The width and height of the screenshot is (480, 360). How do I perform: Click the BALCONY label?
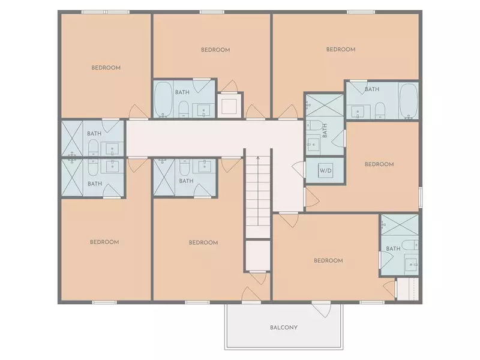pyautogui.click(x=284, y=327)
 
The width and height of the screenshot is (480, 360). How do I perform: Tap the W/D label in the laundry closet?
pyautogui.click(x=325, y=170)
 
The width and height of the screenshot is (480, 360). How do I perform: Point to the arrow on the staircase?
pyautogui.click(x=258, y=191)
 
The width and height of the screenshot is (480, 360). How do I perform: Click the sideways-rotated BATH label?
pyautogui.click(x=325, y=130)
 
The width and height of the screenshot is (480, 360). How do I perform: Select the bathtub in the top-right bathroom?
pyautogui.click(x=409, y=100)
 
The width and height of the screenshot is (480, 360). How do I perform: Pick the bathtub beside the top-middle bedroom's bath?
pyautogui.click(x=163, y=99)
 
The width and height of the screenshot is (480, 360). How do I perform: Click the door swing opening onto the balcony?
pyautogui.click(x=322, y=310)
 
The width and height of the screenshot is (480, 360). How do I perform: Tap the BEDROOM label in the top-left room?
pyautogui.click(x=106, y=68)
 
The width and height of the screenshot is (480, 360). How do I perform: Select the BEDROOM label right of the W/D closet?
pyautogui.click(x=379, y=164)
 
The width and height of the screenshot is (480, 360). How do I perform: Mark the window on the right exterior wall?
pyautogui.click(x=421, y=197)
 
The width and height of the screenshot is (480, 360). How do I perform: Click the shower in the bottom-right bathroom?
pyautogui.click(x=400, y=224)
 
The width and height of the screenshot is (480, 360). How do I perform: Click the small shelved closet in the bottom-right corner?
pyautogui.click(x=407, y=289)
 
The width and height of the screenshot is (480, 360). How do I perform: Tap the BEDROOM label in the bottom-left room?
pyautogui.click(x=104, y=242)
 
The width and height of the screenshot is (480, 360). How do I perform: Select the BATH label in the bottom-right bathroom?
pyautogui.click(x=393, y=248)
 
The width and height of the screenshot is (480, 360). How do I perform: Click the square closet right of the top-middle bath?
pyautogui.click(x=230, y=104)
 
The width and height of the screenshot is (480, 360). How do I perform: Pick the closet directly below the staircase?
pyautogui.click(x=258, y=256)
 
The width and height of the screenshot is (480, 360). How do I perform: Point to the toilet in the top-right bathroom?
pyautogui.click(x=380, y=110)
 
